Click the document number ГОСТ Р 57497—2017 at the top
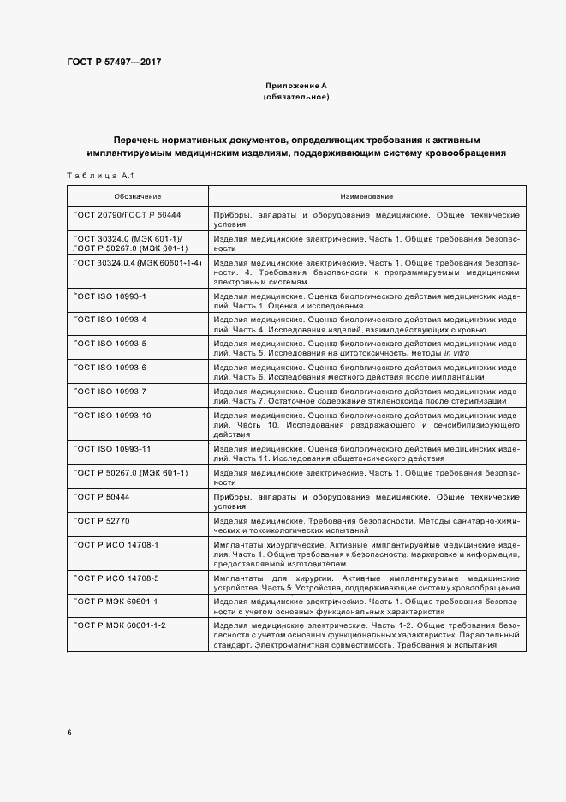[114, 62]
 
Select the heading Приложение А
[295, 87]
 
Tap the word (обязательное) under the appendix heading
[296, 97]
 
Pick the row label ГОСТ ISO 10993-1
[110, 296]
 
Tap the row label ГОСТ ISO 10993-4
[110, 320]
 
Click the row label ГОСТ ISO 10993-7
[110, 391]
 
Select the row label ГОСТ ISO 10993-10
[112, 416]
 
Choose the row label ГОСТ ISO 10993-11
[112, 449]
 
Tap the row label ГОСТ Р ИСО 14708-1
[116, 545]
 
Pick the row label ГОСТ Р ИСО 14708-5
[116, 578]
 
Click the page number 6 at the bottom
[69, 733]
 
